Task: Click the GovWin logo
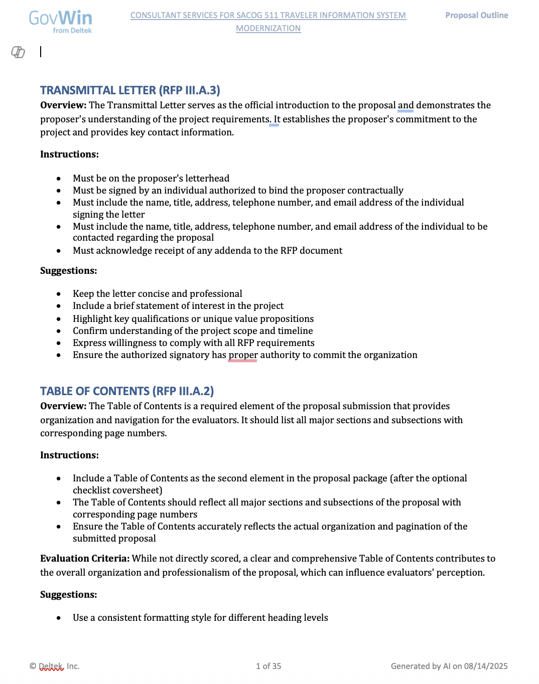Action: coord(61,22)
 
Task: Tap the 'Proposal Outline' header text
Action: coord(476,16)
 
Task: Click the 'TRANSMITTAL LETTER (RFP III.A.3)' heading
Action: coord(130,90)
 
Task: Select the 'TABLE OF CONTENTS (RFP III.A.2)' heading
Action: coord(127,391)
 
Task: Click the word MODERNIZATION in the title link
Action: coord(268,29)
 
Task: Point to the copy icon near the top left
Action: coord(18,52)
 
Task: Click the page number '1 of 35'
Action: coord(268,666)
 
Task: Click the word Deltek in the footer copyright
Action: coord(52,666)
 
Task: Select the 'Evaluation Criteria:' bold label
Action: coord(85,559)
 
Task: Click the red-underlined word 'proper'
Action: coord(243,355)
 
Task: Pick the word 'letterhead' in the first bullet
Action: coord(207,179)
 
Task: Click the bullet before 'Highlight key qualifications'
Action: coord(59,319)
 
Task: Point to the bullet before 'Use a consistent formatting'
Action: coord(59,618)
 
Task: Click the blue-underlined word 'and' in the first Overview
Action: coord(406,105)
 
